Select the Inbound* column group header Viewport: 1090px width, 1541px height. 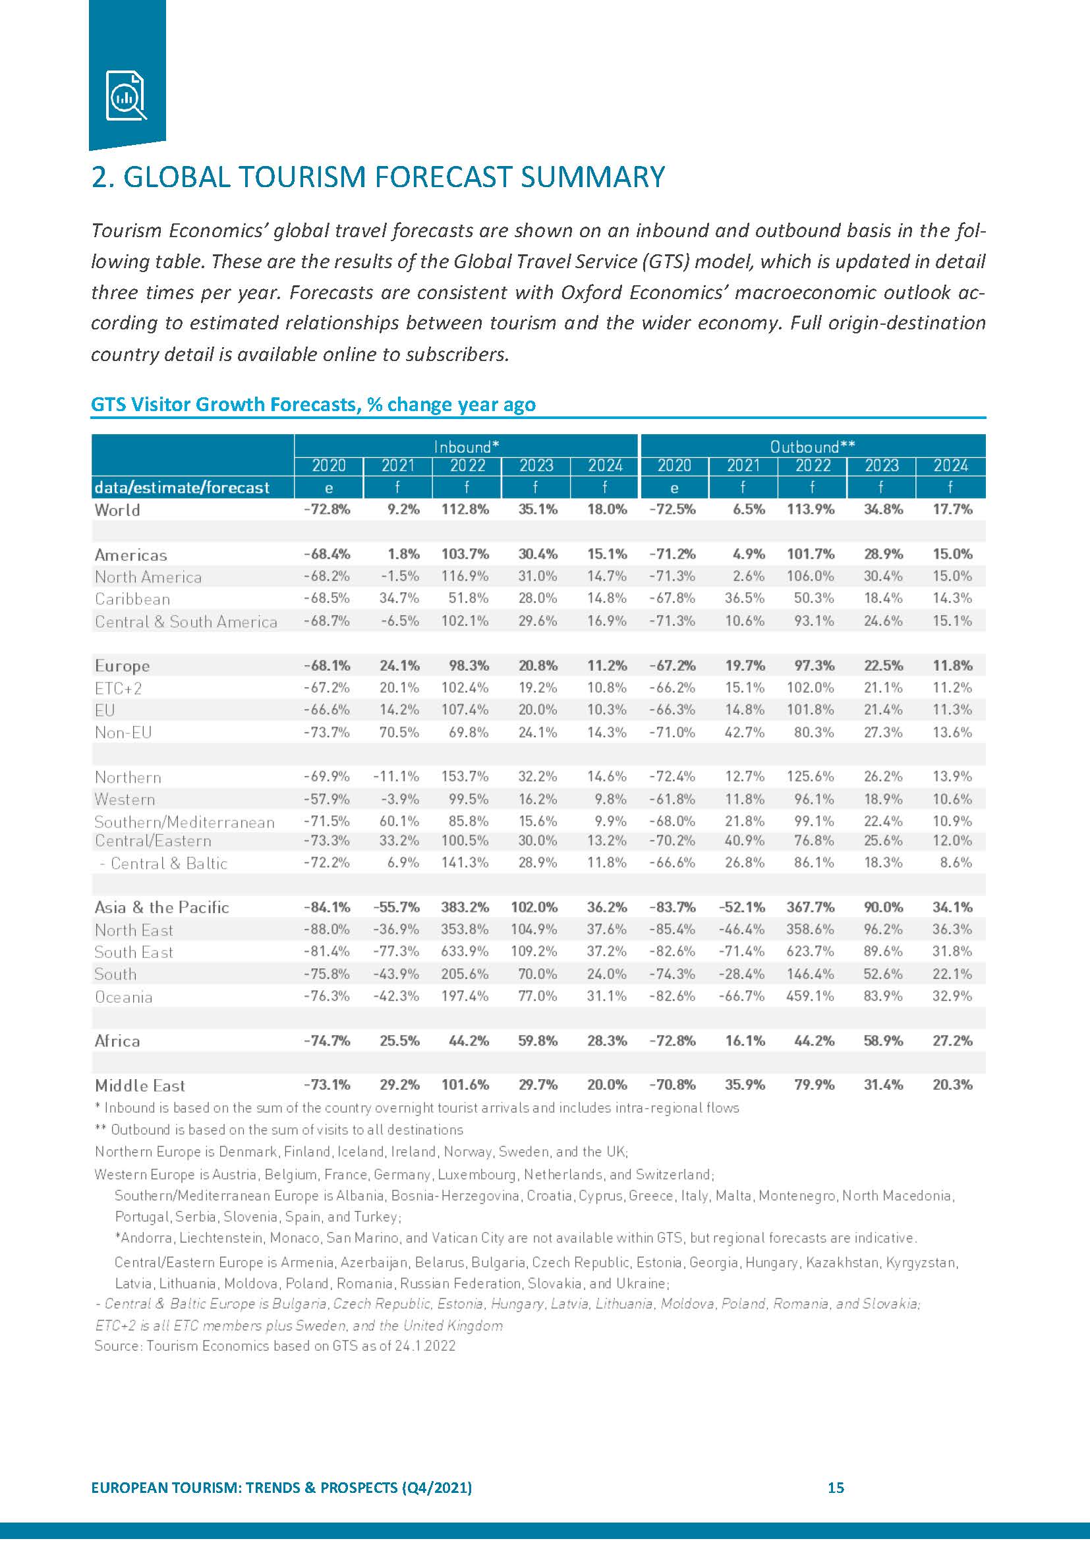(466, 446)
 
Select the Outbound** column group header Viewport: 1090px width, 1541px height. (812, 446)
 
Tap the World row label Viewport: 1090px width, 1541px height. (117, 509)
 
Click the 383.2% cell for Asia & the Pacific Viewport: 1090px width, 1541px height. (465, 907)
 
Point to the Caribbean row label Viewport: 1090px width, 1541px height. (132, 599)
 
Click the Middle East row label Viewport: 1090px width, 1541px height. (140, 1085)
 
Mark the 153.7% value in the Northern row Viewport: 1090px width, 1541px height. (465, 777)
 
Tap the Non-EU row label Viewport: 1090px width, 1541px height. (123, 732)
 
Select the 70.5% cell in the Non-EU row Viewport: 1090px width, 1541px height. (399, 731)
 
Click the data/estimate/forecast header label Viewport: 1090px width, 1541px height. (182, 488)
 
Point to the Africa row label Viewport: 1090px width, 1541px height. (117, 1041)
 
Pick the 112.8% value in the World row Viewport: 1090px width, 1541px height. (465, 509)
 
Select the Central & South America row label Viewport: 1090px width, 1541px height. (186, 621)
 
